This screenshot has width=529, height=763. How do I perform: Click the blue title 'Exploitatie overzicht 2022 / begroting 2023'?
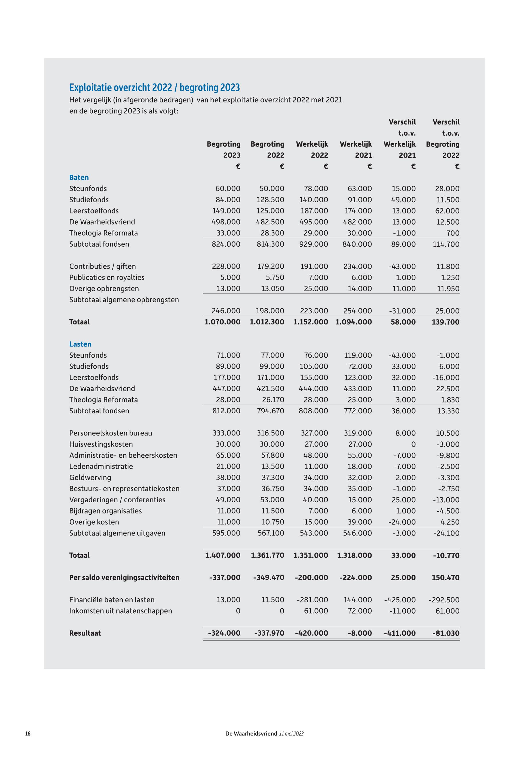click(155, 87)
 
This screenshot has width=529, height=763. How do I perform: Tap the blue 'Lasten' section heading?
click(80, 344)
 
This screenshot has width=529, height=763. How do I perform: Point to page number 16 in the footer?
click(28, 733)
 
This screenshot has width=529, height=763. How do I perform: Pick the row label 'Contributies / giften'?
click(102, 266)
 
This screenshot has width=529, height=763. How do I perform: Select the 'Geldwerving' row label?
click(90, 478)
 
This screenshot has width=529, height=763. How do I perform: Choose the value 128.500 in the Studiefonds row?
click(270, 200)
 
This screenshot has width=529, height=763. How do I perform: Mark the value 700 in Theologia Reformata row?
click(453, 233)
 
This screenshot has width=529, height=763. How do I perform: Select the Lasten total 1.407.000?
click(223, 555)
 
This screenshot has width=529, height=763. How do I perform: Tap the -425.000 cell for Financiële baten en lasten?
click(400, 600)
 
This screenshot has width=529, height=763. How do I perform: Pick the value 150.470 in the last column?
click(446, 578)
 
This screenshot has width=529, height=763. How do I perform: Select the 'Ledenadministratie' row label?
click(101, 467)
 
